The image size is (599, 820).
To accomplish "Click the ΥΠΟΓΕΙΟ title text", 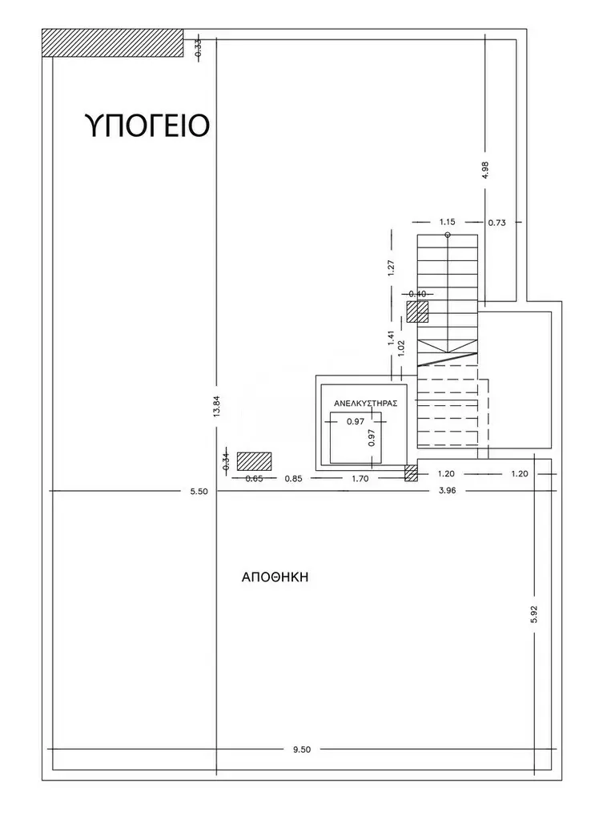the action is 147,125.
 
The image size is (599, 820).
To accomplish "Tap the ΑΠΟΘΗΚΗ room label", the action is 275,577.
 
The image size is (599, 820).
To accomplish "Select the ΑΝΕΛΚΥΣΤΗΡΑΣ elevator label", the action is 366,404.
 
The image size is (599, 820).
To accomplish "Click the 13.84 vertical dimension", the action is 216,404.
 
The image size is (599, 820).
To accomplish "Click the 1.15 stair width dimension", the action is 447,223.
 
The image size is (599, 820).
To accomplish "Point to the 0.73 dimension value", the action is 497,223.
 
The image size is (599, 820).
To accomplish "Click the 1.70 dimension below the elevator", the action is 360,478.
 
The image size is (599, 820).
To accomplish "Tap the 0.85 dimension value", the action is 293,478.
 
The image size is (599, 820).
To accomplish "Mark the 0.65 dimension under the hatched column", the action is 254,478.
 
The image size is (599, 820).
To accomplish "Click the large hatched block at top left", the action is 112,42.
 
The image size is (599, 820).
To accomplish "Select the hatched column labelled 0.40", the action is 417,312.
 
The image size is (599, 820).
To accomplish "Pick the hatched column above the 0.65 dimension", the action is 254,461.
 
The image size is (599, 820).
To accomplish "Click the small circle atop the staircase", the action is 448,235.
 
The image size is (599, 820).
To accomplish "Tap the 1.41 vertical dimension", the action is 391,339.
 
